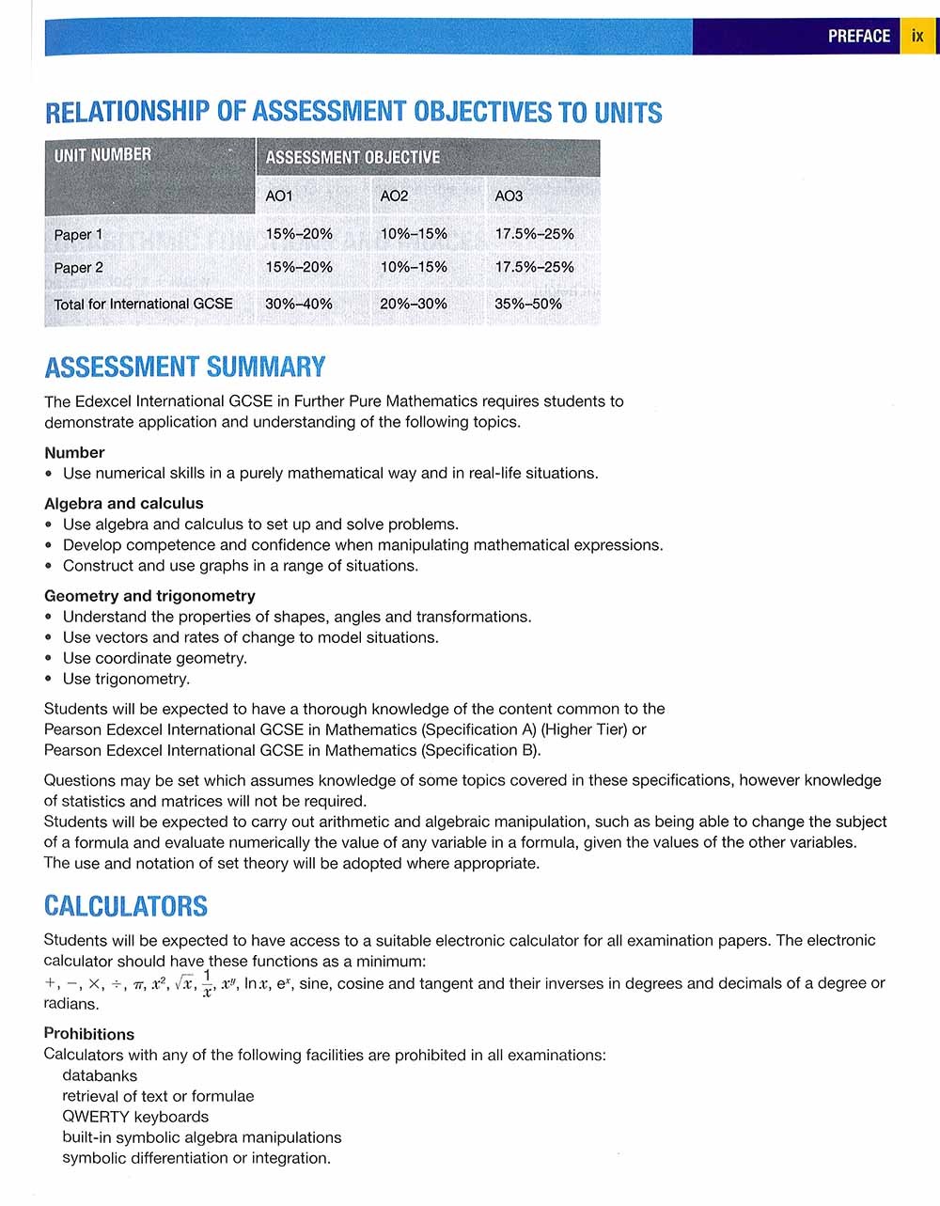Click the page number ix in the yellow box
(x=917, y=37)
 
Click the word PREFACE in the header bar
(x=858, y=37)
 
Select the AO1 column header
(x=279, y=196)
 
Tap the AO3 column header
(x=509, y=196)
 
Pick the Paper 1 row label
(x=78, y=235)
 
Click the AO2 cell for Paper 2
(x=414, y=267)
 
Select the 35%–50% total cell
(x=528, y=304)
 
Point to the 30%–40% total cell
(x=299, y=304)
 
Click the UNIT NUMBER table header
(x=102, y=155)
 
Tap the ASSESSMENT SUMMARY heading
(x=185, y=367)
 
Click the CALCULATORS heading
(x=126, y=906)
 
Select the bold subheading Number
(x=74, y=452)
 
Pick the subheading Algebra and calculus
(x=124, y=503)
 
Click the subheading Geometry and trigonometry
(x=149, y=595)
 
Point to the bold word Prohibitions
(x=89, y=1034)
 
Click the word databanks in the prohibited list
(x=100, y=1075)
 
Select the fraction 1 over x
(x=208, y=983)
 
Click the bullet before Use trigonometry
(x=49, y=679)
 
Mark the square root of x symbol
(x=184, y=984)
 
